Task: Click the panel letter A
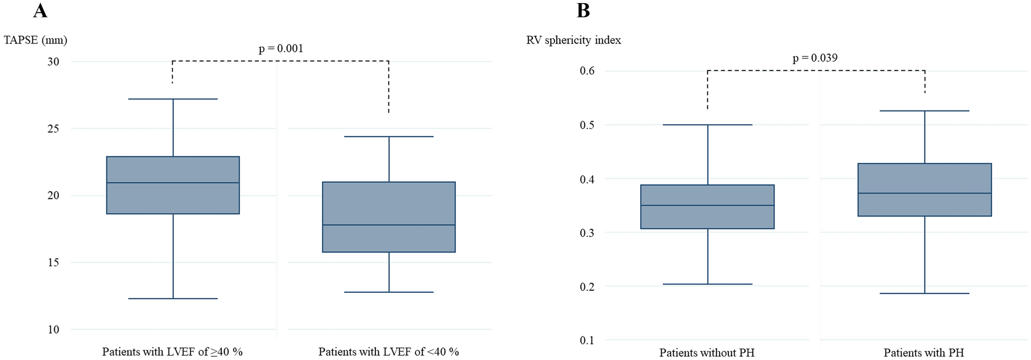point(40,10)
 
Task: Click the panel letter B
point(583,10)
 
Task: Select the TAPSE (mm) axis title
point(35,40)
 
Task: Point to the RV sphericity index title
point(573,40)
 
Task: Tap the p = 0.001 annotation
point(280,49)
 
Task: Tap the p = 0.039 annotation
point(815,58)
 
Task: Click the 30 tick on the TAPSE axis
point(53,62)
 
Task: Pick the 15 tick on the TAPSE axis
point(53,262)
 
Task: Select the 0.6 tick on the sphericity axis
point(587,71)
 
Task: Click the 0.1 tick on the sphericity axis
point(587,340)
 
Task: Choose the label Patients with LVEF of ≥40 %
point(172,352)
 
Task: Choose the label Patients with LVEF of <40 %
point(388,352)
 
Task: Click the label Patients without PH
point(707,353)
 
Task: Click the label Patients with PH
point(924,353)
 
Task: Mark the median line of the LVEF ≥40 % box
point(173,183)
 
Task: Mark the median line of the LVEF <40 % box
point(389,225)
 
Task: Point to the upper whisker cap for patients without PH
point(708,125)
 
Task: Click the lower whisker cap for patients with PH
point(925,293)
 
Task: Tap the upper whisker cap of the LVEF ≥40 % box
point(173,99)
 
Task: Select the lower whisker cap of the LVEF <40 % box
point(389,292)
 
